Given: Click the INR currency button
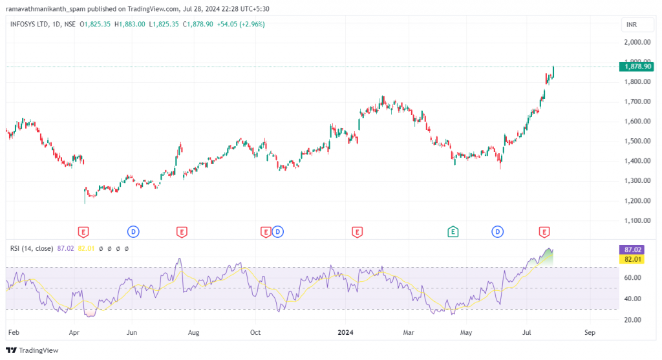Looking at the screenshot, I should coord(631,25).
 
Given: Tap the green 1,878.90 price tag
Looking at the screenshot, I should coord(637,66).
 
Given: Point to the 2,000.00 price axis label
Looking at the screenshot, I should coord(637,42).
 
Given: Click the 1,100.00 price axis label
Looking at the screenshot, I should coord(637,220).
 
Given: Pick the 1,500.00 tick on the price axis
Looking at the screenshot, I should coord(637,141).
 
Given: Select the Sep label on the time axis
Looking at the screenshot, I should coord(589,333).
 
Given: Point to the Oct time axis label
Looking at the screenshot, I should coord(256,333).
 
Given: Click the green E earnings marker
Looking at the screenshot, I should coord(453,231).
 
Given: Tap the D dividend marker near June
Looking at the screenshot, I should coord(133,231).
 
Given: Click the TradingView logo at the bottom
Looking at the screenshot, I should coord(32,350).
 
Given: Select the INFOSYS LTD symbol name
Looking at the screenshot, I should coord(30,24).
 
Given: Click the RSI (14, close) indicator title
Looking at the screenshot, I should coord(31,248).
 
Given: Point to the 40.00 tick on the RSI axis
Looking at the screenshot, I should coord(633,299).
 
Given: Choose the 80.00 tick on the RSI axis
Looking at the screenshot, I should coord(633,257).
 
